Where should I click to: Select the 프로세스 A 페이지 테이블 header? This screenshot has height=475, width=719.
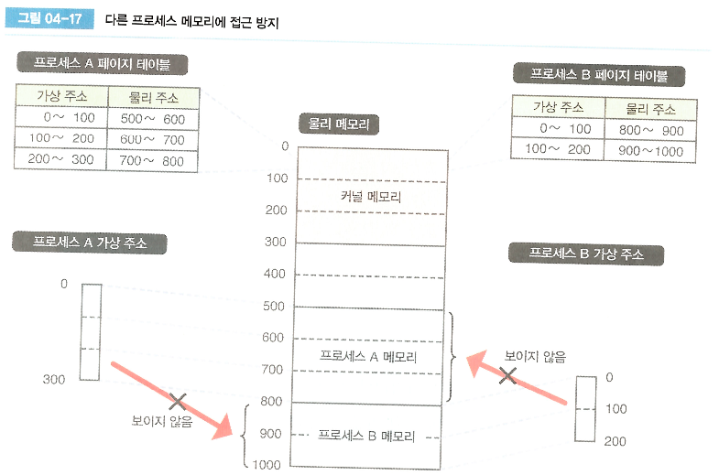click(101, 64)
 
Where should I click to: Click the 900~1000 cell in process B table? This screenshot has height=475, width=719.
click(650, 151)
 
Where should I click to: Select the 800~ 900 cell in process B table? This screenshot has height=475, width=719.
click(650, 130)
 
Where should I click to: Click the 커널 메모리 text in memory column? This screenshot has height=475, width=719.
click(370, 196)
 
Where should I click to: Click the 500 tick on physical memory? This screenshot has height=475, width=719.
click(275, 307)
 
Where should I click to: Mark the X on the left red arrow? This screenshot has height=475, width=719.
click(178, 401)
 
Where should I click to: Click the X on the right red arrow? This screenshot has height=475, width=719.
click(507, 375)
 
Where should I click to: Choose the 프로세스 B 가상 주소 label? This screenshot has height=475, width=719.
click(587, 254)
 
